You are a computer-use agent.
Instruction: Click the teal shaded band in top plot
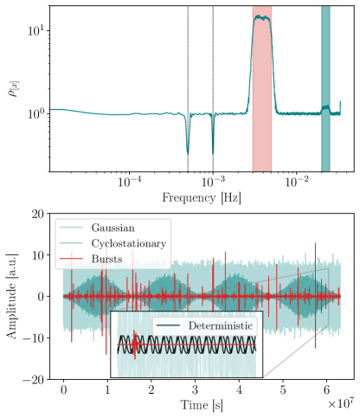pos(325,87)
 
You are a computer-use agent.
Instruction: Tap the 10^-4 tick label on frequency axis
pos(129,183)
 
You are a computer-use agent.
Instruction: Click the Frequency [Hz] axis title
pos(200,198)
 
